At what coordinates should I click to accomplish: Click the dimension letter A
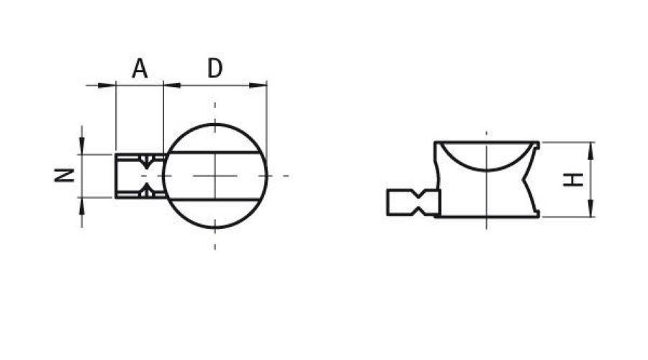point(140,69)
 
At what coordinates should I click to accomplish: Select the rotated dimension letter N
point(66,175)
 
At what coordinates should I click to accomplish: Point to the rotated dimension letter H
point(573,179)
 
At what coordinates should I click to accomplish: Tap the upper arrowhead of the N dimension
point(82,147)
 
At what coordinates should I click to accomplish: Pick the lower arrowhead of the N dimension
point(82,204)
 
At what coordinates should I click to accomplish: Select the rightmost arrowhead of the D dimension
point(260,86)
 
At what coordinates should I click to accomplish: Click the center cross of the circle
point(215,176)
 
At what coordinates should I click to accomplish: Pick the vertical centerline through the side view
point(487,180)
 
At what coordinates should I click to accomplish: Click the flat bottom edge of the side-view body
point(487,216)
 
